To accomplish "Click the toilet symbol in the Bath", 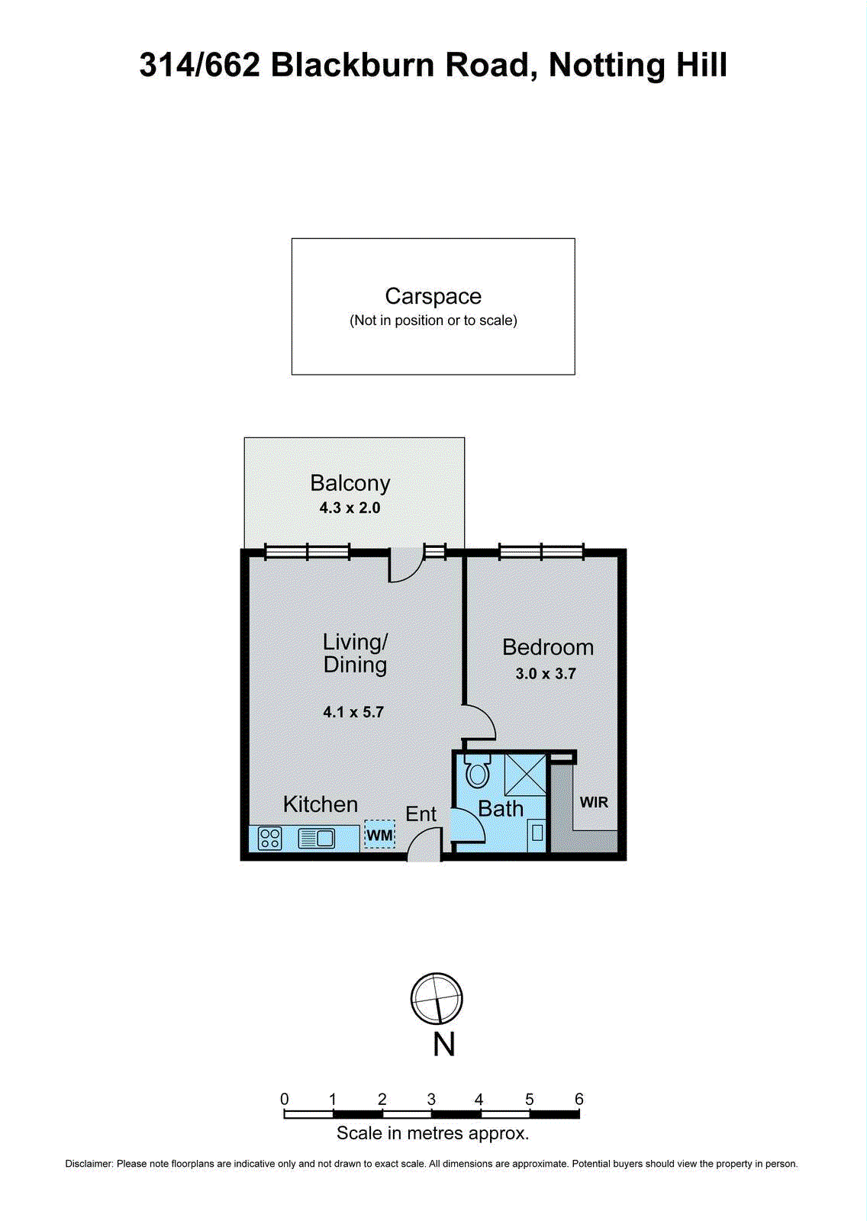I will tap(478, 772).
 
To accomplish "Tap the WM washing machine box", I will tap(379, 835).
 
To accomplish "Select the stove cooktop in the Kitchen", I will tap(270, 839).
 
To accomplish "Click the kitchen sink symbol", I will tap(317, 839).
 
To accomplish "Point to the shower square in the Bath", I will tap(526, 774).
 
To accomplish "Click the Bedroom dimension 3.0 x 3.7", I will tap(546, 674).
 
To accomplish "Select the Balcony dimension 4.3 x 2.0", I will tap(350, 508).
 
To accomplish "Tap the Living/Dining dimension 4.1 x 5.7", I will tap(353, 712).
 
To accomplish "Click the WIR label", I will tap(594, 802).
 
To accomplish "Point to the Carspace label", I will tap(433, 296).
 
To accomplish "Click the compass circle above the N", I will tap(437, 998).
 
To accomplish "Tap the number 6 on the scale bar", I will tap(579, 1099).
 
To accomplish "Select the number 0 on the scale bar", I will tap(285, 1099).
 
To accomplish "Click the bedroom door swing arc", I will tap(480, 723).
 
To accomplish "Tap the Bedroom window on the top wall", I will tap(541, 551).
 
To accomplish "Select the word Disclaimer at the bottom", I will tap(89, 1164).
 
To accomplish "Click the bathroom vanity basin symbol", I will tap(537, 833).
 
